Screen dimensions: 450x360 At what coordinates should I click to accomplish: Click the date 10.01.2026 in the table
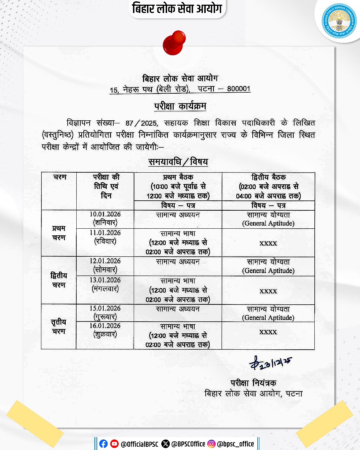click(105, 214)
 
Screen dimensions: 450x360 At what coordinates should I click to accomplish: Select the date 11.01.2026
click(105, 233)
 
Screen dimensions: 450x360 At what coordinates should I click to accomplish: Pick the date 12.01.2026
click(105, 261)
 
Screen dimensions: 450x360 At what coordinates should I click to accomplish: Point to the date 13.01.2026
click(105, 280)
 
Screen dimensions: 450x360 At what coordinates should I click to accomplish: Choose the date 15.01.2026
click(105, 308)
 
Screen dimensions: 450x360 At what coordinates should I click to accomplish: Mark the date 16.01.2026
click(105, 326)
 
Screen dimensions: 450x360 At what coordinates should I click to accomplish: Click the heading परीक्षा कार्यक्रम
click(180, 106)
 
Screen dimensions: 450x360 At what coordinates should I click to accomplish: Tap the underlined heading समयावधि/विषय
click(178, 162)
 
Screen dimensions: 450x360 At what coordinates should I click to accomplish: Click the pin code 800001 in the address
click(239, 89)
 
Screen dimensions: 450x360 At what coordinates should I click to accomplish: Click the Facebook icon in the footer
click(104, 444)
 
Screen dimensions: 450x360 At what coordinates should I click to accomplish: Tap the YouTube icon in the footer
click(114, 444)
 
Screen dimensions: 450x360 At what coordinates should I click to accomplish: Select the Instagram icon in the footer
click(211, 444)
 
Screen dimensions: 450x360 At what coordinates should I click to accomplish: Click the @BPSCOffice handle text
click(188, 444)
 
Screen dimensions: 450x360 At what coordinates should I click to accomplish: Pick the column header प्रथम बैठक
click(178, 177)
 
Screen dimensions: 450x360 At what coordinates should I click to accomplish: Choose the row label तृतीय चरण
click(59, 326)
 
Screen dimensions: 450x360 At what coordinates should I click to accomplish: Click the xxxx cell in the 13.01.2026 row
click(268, 291)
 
